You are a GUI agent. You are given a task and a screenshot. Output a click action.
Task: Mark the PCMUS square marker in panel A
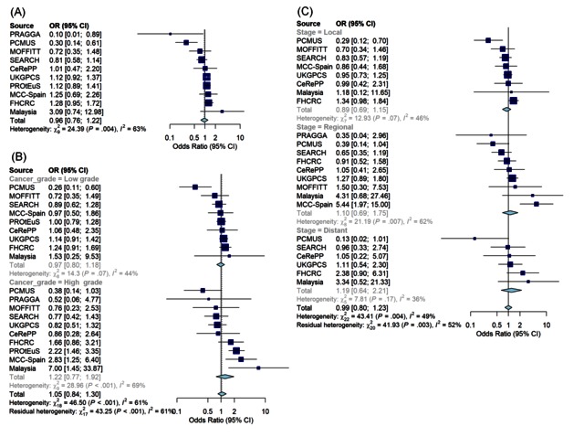(x=186, y=42)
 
